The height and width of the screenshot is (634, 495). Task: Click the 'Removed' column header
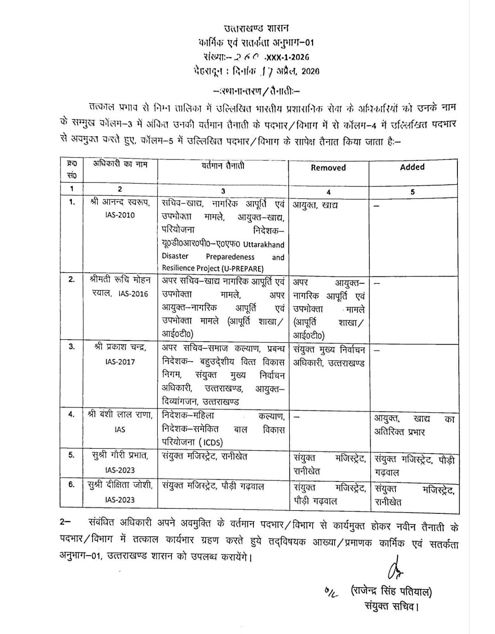click(x=328, y=168)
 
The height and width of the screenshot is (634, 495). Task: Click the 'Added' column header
click(x=412, y=167)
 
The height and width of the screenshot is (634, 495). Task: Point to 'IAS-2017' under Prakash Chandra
click(x=120, y=362)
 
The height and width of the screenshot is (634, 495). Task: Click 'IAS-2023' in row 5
click(x=120, y=470)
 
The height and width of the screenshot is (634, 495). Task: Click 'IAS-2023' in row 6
click(x=120, y=500)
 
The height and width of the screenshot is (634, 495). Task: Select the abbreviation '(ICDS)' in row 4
click(x=211, y=442)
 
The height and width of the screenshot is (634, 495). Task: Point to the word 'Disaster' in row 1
click(x=175, y=257)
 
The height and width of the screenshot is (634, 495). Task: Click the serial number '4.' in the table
click(x=71, y=414)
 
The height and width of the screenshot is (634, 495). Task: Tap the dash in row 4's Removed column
click(x=297, y=418)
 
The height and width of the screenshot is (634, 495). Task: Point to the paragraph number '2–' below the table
click(x=66, y=523)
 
